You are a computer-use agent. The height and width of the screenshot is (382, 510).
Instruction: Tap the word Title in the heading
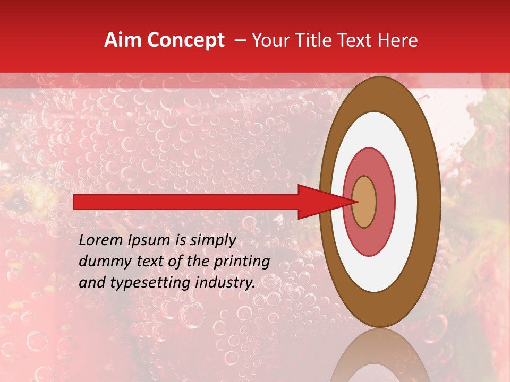pyautogui.click(x=321, y=40)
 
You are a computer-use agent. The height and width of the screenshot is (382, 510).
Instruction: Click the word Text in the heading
pyautogui.click(x=359, y=40)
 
